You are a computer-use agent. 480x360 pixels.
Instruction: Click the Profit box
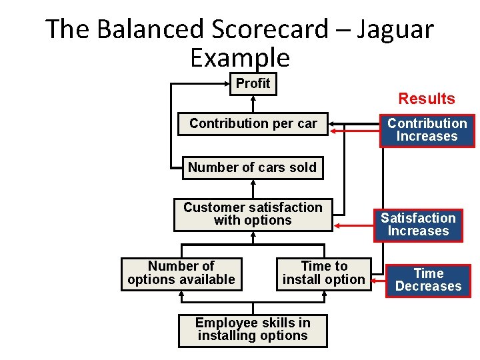[x=253, y=84]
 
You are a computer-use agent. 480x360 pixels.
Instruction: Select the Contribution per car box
[x=253, y=123]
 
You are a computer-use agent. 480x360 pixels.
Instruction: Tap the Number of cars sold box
[x=252, y=167]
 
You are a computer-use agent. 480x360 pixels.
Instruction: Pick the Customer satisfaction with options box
[x=253, y=214]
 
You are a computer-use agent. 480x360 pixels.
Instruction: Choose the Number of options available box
[x=181, y=273]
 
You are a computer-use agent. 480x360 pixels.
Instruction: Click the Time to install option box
[x=324, y=273]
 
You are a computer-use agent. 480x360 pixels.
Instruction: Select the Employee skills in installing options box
[x=253, y=329]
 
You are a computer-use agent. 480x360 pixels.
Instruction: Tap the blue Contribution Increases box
[x=427, y=130]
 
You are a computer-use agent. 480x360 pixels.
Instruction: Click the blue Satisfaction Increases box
[x=418, y=225]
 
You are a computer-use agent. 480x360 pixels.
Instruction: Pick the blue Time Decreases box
[x=428, y=280]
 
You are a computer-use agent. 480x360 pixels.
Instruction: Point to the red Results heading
[x=427, y=99]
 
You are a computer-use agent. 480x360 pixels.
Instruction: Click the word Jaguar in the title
[x=396, y=29]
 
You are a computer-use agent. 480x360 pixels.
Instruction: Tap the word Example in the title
[x=240, y=58]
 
